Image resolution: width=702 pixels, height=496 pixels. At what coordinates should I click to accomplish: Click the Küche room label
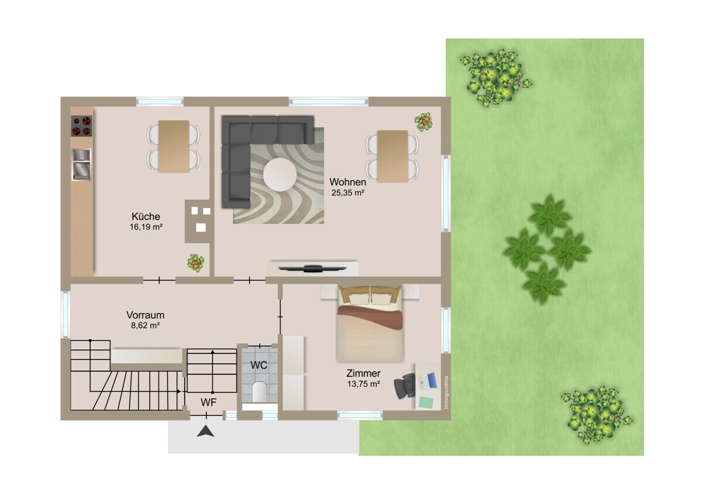(x=146, y=216)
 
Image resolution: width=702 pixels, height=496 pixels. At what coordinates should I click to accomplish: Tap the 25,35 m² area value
(x=348, y=193)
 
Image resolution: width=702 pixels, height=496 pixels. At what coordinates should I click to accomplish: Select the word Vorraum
(x=145, y=315)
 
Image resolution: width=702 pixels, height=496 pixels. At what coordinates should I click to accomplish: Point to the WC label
(x=259, y=365)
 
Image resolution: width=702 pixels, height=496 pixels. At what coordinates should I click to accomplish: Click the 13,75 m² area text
(x=363, y=384)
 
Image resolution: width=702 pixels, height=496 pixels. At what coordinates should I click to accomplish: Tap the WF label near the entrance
(x=208, y=402)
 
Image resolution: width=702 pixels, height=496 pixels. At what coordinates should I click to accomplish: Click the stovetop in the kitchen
(x=81, y=126)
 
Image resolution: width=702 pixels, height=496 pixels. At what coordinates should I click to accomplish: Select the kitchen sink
(x=81, y=164)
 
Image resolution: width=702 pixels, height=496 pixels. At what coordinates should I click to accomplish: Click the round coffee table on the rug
(x=280, y=174)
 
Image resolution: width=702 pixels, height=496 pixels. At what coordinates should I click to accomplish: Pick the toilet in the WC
(x=259, y=392)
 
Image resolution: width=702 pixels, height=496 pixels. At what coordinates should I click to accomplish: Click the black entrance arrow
(x=205, y=431)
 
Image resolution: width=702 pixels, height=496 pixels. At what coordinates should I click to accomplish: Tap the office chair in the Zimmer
(x=404, y=385)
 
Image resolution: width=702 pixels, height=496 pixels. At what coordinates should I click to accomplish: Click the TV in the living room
(x=312, y=268)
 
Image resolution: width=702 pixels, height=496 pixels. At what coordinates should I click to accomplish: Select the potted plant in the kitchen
(x=195, y=263)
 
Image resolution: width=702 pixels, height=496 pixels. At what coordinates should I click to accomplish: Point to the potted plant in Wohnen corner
(x=424, y=122)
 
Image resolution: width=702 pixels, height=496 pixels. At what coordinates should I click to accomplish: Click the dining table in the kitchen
(x=174, y=146)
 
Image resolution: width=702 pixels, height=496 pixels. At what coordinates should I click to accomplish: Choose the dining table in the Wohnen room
(x=393, y=156)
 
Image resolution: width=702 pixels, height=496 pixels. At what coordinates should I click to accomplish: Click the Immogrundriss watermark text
(x=446, y=392)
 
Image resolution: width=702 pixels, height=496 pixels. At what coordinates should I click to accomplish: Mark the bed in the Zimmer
(x=370, y=324)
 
